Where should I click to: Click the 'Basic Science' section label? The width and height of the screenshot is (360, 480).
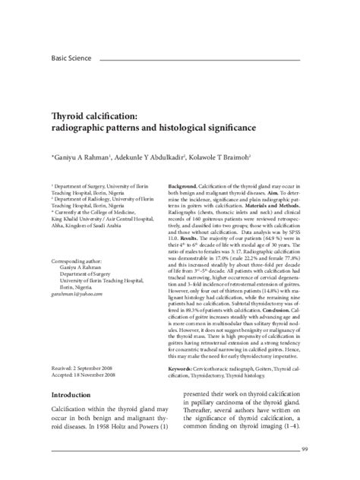point(71,57)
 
